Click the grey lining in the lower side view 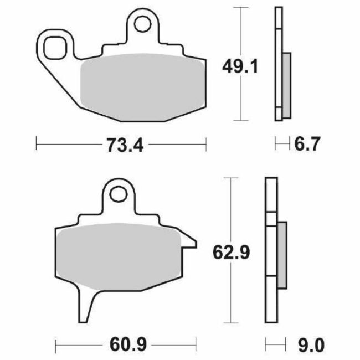(x=281, y=254)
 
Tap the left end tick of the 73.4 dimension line (x=36, y=145)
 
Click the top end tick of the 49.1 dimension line (x=239, y=7)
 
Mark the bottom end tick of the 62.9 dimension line (x=229, y=323)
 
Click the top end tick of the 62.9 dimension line (x=229, y=178)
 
